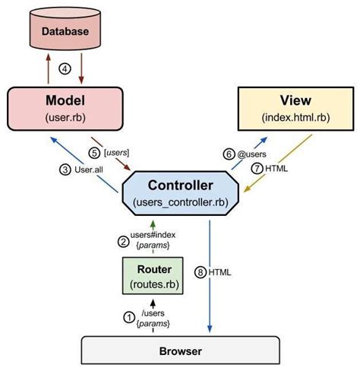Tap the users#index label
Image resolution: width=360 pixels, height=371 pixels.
(x=149, y=236)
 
